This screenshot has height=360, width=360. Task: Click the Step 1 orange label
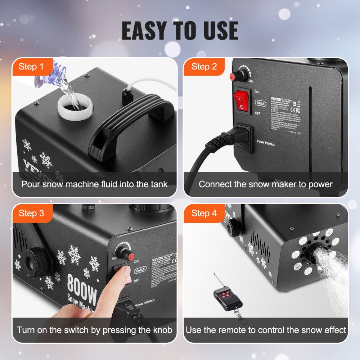point(31,67)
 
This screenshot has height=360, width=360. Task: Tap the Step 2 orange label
point(204,67)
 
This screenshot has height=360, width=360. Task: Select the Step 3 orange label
point(31,213)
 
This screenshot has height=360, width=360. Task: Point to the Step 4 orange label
point(204,213)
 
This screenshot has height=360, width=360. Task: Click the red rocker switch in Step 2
point(242,100)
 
